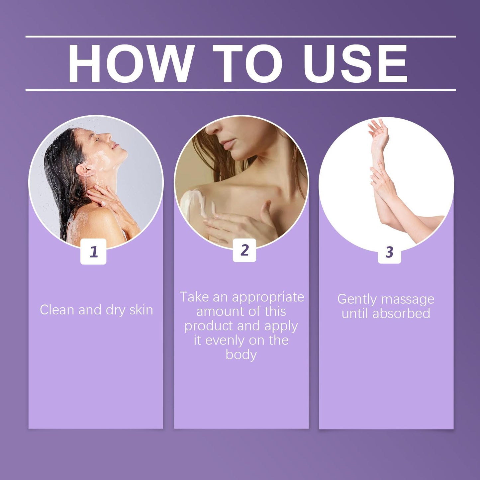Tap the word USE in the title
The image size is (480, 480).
pyautogui.click(x=355, y=63)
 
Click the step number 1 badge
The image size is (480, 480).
pyautogui.click(x=93, y=251)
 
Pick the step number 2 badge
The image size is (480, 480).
pyautogui.click(x=244, y=250)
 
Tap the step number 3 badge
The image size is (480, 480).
pyautogui.click(x=389, y=251)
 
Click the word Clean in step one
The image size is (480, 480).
pyautogui.click(x=57, y=310)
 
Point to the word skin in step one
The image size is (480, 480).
pyautogui.click(x=141, y=310)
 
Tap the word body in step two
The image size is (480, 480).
pyautogui.click(x=241, y=355)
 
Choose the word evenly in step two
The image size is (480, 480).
pyautogui.click(x=223, y=340)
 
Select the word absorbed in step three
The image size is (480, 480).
pyautogui.click(x=401, y=313)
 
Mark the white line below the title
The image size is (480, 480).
pyautogui.click(x=240, y=90)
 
